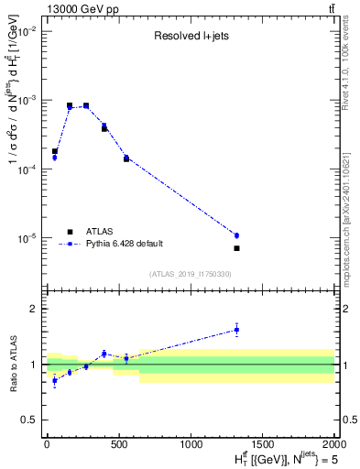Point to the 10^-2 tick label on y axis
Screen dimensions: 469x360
(x=27, y=31)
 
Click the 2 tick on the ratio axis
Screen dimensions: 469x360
(x=34, y=309)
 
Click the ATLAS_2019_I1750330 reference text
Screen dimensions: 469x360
(x=190, y=274)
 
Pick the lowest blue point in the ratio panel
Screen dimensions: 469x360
(x=54, y=380)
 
